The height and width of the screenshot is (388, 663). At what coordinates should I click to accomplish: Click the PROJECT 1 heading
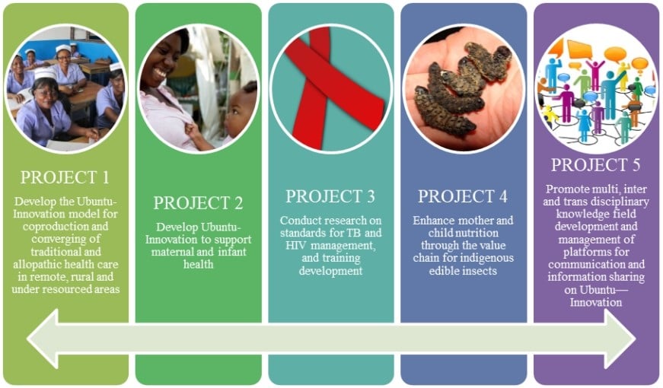(x=65, y=177)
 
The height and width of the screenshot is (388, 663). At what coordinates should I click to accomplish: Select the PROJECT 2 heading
(x=198, y=203)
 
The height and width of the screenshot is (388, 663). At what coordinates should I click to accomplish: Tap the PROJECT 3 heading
(x=330, y=196)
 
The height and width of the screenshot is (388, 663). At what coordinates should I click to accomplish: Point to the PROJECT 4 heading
(x=463, y=196)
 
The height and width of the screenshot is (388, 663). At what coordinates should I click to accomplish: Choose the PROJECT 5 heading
(x=595, y=165)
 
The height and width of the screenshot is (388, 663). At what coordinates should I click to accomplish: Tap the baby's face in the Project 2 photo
(x=241, y=114)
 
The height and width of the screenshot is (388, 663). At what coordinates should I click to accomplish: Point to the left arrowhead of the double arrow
(x=43, y=339)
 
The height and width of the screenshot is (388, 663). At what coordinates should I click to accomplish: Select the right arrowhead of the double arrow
(x=620, y=339)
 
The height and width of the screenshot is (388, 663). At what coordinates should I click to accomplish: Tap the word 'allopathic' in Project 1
(x=37, y=265)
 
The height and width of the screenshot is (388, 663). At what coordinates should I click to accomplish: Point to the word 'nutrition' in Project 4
(x=478, y=233)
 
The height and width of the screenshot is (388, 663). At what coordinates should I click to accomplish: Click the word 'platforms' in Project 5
(x=596, y=253)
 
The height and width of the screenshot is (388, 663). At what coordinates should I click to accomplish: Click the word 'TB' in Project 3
(x=354, y=233)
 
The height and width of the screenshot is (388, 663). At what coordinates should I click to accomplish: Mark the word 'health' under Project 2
(x=198, y=265)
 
